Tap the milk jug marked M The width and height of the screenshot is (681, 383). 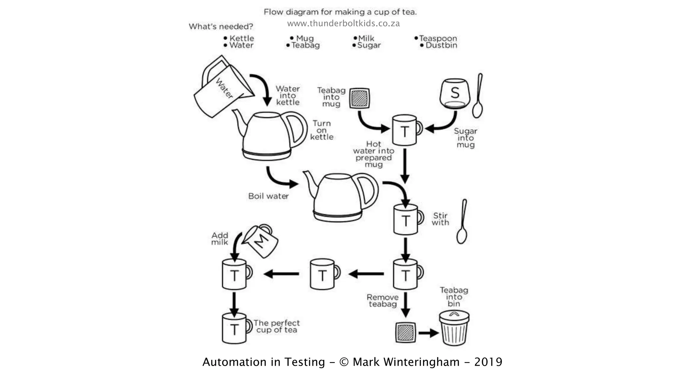261,241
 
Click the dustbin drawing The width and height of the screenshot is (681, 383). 454,328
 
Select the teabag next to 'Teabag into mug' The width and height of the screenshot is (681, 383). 359,98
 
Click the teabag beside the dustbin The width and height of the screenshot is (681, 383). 405,332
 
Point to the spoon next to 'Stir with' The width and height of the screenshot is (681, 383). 462,222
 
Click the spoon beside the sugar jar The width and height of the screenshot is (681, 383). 478,96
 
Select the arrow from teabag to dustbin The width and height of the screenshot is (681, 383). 428,333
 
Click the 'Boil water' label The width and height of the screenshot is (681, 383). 268,196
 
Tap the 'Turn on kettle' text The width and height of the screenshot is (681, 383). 322,130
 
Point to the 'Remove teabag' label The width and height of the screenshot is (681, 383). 382,301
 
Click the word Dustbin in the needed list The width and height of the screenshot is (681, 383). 441,45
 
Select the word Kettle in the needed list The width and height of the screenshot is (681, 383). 241,38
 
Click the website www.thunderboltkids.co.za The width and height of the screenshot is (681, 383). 343,24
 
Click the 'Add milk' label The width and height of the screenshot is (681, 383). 220,239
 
